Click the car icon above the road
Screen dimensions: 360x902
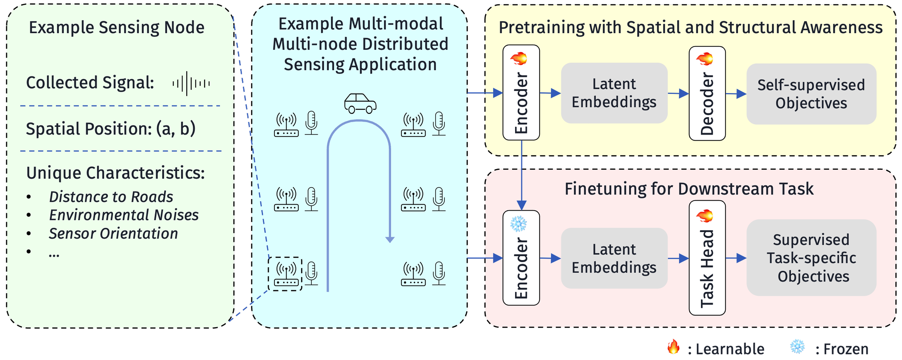coord(360,103)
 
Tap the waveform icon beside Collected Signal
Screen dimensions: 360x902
coord(191,83)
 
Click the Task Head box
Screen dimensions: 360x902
coord(707,258)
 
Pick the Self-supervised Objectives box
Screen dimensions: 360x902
coord(811,94)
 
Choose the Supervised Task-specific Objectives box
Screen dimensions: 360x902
coord(811,258)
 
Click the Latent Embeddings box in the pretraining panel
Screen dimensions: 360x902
coord(614,93)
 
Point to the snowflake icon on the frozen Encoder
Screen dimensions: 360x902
coord(519,223)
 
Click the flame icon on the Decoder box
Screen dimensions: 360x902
coord(705,58)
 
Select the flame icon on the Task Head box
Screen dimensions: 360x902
coord(705,215)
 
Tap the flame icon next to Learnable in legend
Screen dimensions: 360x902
coord(673,347)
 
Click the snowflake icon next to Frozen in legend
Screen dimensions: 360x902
coord(797,347)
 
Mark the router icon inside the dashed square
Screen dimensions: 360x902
coord(286,274)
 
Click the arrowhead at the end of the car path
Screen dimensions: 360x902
coord(390,240)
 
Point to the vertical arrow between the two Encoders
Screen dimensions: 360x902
coord(521,175)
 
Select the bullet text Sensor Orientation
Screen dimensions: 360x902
coord(113,234)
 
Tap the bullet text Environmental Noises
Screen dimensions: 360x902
coord(124,215)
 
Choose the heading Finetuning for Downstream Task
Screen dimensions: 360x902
coord(689,189)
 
